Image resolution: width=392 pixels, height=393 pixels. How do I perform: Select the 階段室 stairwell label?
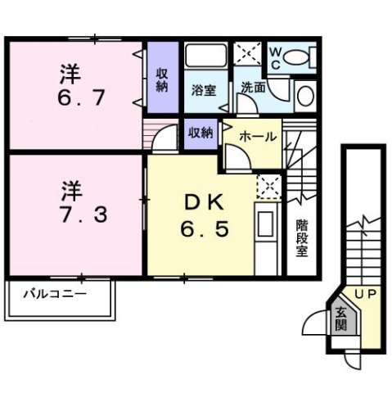tap(301, 237)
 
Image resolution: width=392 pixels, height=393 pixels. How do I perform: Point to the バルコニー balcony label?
tap(55, 292)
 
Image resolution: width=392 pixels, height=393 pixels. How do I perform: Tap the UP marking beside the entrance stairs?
tap(364, 292)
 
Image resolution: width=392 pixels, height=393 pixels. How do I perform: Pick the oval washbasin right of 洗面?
tap(303, 95)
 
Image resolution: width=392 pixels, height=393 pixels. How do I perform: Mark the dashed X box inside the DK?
tap(268, 187)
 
